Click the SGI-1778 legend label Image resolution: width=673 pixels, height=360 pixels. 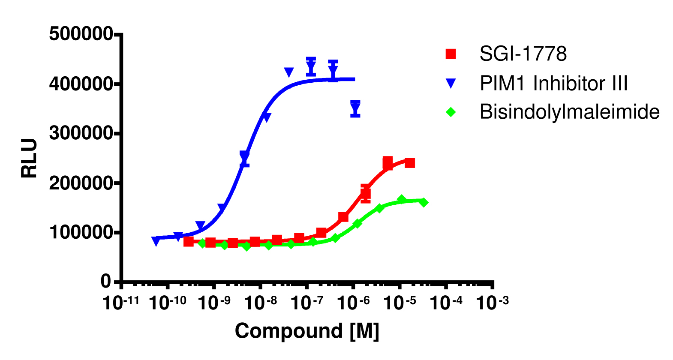pyautogui.click(x=523, y=54)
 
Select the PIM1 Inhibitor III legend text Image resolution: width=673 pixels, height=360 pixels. pyautogui.click(x=553, y=83)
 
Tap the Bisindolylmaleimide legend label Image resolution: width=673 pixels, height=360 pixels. pyautogui.click(x=569, y=112)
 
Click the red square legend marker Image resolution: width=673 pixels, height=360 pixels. pyautogui.click(x=451, y=54)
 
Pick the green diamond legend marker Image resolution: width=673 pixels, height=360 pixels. pyautogui.click(x=451, y=112)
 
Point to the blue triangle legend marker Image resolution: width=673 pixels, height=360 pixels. pyautogui.click(x=451, y=84)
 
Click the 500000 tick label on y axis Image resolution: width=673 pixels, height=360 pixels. pyautogui.click(x=81, y=34)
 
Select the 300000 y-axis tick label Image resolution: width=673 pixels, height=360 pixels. pyautogui.click(x=81, y=133)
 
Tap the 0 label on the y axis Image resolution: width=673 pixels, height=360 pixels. pyautogui.click(x=105, y=282)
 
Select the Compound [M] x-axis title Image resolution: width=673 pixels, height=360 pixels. pyautogui.click(x=307, y=331)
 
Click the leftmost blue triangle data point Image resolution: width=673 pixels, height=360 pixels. pyautogui.click(x=156, y=241)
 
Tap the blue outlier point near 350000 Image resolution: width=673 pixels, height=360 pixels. pyautogui.click(x=355, y=107)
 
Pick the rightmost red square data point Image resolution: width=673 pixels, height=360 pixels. pyautogui.click(x=410, y=163)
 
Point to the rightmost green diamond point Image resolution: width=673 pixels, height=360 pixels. pyautogui.click(x=424, y=202)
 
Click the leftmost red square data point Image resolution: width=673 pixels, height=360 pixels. pyautogui.click(x=189, y=242)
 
